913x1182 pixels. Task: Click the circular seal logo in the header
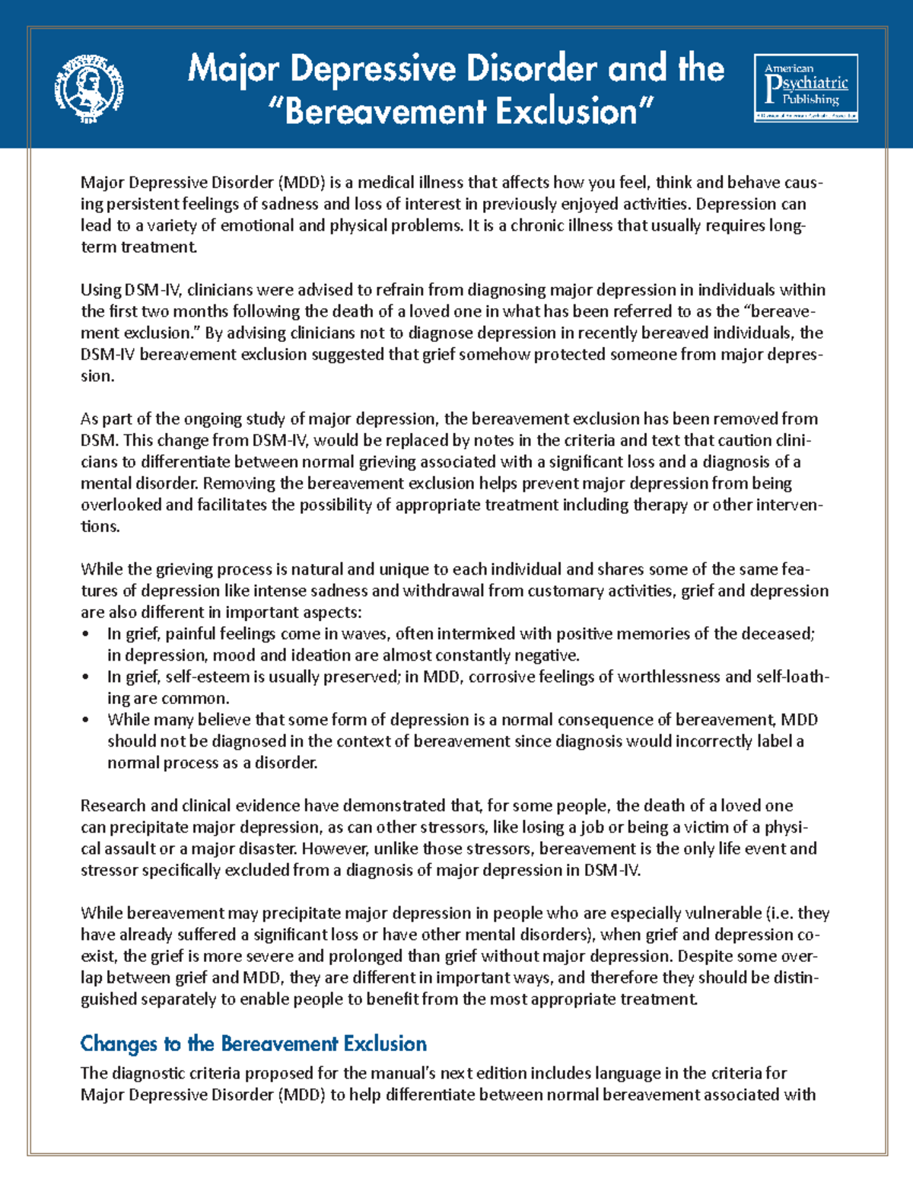[88, 89]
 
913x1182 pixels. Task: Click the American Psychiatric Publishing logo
[806, 88]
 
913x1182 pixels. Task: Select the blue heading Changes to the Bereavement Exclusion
[253, 1043]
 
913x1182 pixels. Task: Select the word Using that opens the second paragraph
[100, 290]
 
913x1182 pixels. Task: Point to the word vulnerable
[723, 913]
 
